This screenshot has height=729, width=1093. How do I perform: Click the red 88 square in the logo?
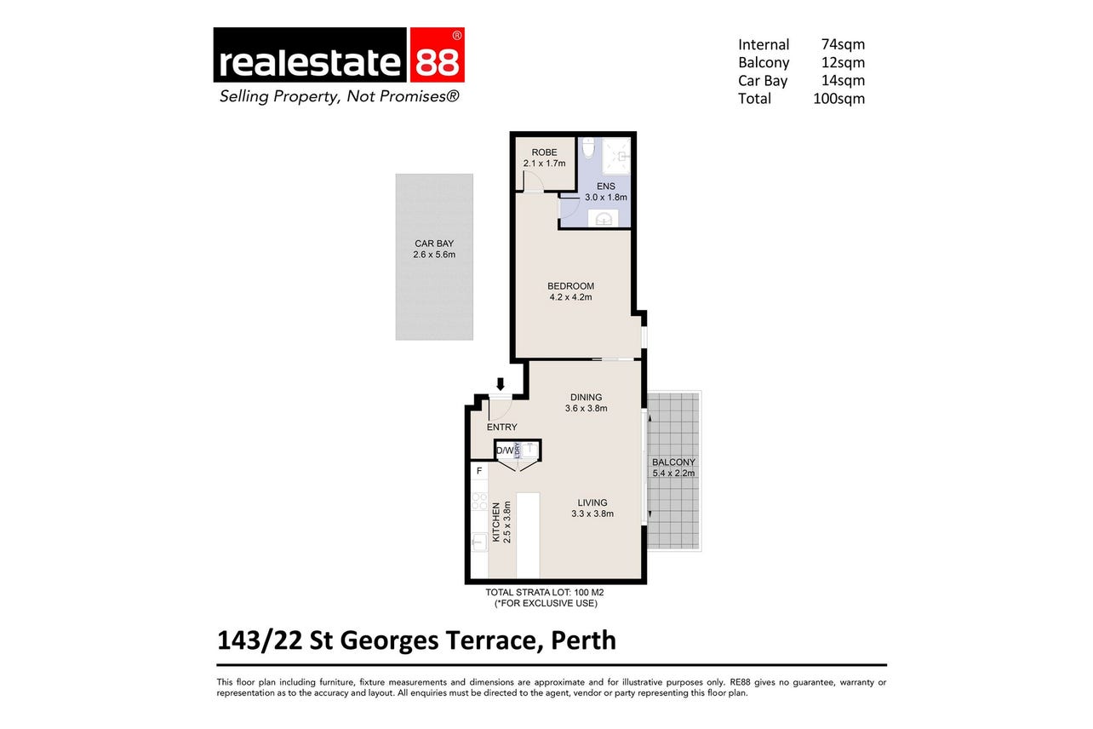point(437,55)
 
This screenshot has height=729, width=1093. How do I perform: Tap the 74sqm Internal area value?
point(843,44)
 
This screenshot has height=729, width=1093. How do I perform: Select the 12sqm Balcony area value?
point(843,62)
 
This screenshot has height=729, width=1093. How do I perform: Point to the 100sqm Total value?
point(838,99)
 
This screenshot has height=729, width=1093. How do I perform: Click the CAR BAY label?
point(434,244)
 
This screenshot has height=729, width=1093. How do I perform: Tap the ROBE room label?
point(544,152)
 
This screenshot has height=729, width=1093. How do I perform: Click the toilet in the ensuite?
point(588,147)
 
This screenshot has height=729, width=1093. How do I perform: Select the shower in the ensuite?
point(616,156)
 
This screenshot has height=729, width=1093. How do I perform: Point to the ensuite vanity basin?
point(603,218)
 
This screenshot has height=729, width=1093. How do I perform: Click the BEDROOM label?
point(570,286)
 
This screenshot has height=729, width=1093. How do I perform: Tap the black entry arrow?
point(501,384)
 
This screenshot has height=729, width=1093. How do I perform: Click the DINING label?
point(586,398)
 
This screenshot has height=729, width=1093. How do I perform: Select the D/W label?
point(505,451)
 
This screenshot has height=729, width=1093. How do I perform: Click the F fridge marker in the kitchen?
point(479,471)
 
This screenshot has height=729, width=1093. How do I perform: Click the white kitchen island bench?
point(528,535)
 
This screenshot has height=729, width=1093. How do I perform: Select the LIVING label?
point(592,502)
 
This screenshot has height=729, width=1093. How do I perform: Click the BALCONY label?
point(673,462)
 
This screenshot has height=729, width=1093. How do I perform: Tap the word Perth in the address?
point(584,640)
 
